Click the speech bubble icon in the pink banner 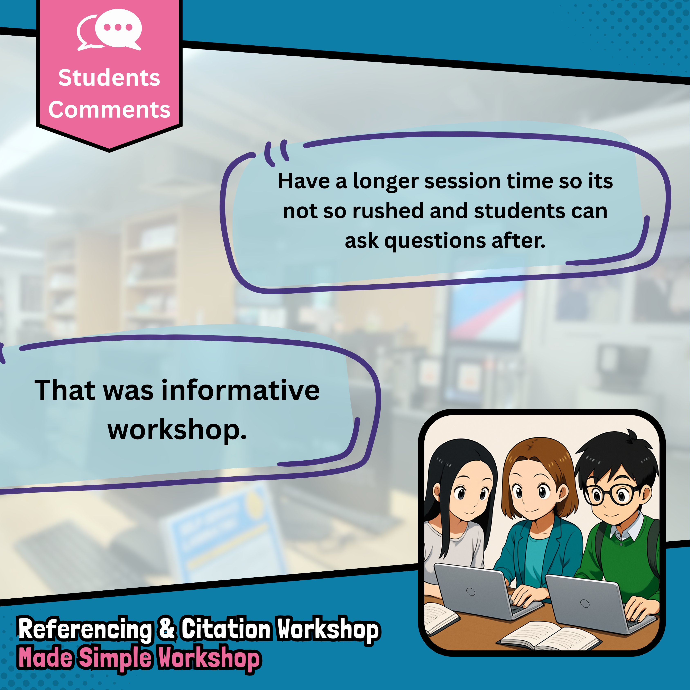click(109, 30)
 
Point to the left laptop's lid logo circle click(471, 592)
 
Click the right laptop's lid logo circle click(585, 603)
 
